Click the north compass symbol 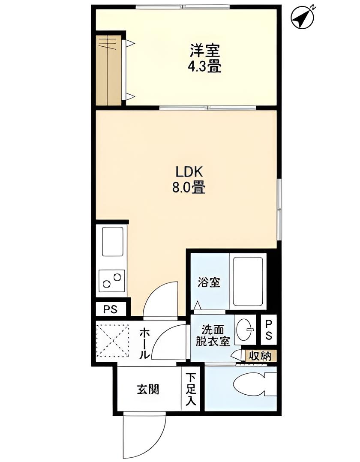[x=302, y=18]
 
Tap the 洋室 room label [x=205, y=51]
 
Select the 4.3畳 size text [x=205, y=66]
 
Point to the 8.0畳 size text [x=189, y=188]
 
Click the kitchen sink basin [x=112, y=241]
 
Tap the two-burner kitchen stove [x=111, y=280]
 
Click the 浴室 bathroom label [x=209, y=282]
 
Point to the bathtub [x=248, y=281]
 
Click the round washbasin [x=245, y=330]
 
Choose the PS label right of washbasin [x=269, y=330]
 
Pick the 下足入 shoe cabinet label [x=191, y=389]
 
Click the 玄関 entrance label [x=148, y=390]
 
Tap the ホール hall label [x=145, y=343]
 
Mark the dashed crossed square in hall [x=112, y=340]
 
